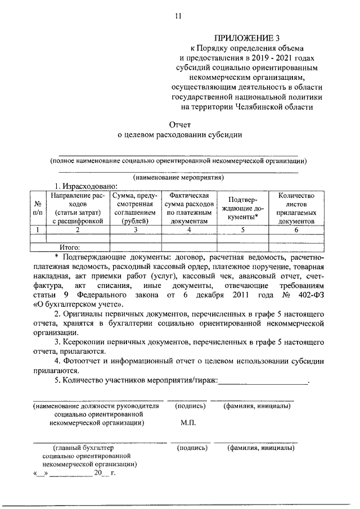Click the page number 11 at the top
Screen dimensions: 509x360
[x=178, y=16]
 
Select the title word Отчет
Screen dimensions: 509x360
[x=180, y=124]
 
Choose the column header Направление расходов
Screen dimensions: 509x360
[x=78, y=208]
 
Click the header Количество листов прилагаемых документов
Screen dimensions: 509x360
[x=292, y=208]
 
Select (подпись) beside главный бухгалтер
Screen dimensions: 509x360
[x=192, y=448]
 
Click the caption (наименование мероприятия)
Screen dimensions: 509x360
[x=178, y=177]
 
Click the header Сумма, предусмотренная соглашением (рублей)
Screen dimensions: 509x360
[x=134, y=208]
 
